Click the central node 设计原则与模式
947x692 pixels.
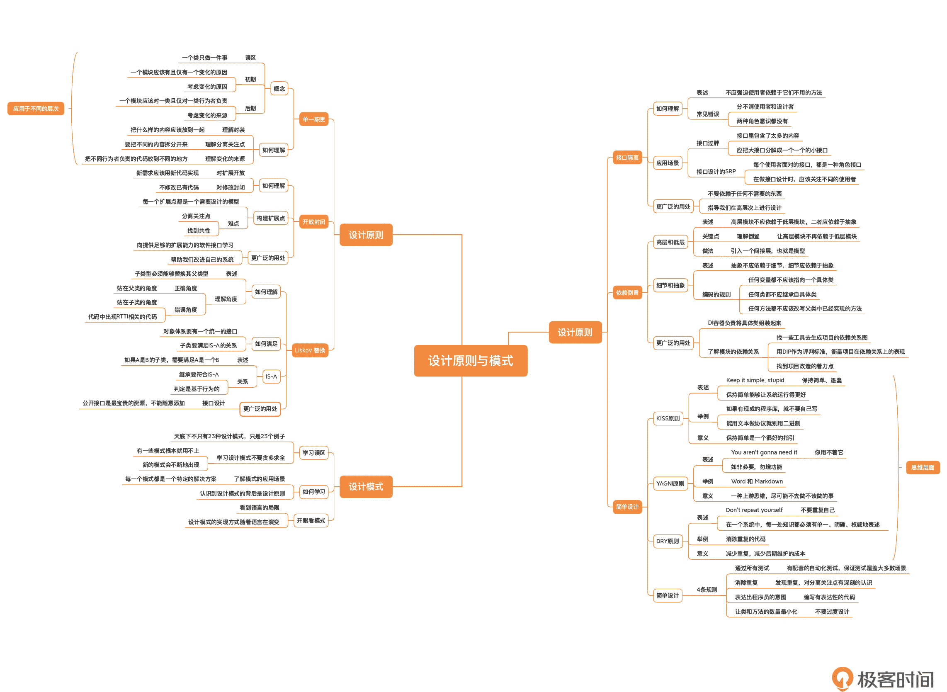tap(470, 361)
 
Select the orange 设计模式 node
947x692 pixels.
tap(366, 487)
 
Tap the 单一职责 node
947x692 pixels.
tap(314, 119)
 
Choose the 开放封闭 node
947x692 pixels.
tap(314, 222)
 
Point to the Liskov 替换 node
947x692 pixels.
tap(310, 350)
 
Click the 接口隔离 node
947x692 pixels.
tap(627, 158)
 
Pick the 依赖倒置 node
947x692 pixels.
tap(627, 293)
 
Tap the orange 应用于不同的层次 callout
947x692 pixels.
tap(36, 109)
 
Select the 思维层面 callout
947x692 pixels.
tap(922, 467)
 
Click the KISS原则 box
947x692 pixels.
tap(668, 418)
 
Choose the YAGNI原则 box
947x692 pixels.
tap(670, 483)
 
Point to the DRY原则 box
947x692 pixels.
tap(667, 541)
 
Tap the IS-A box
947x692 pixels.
tap(271, 376)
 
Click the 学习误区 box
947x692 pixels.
tap(314, 453)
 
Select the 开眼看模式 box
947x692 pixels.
tap(311, 521)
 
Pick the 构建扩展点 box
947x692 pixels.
tap(271, 218)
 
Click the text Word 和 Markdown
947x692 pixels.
tap(756, 481)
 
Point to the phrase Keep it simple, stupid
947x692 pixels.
tap(755, 380)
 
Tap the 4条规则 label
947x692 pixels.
tap(707, 590)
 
